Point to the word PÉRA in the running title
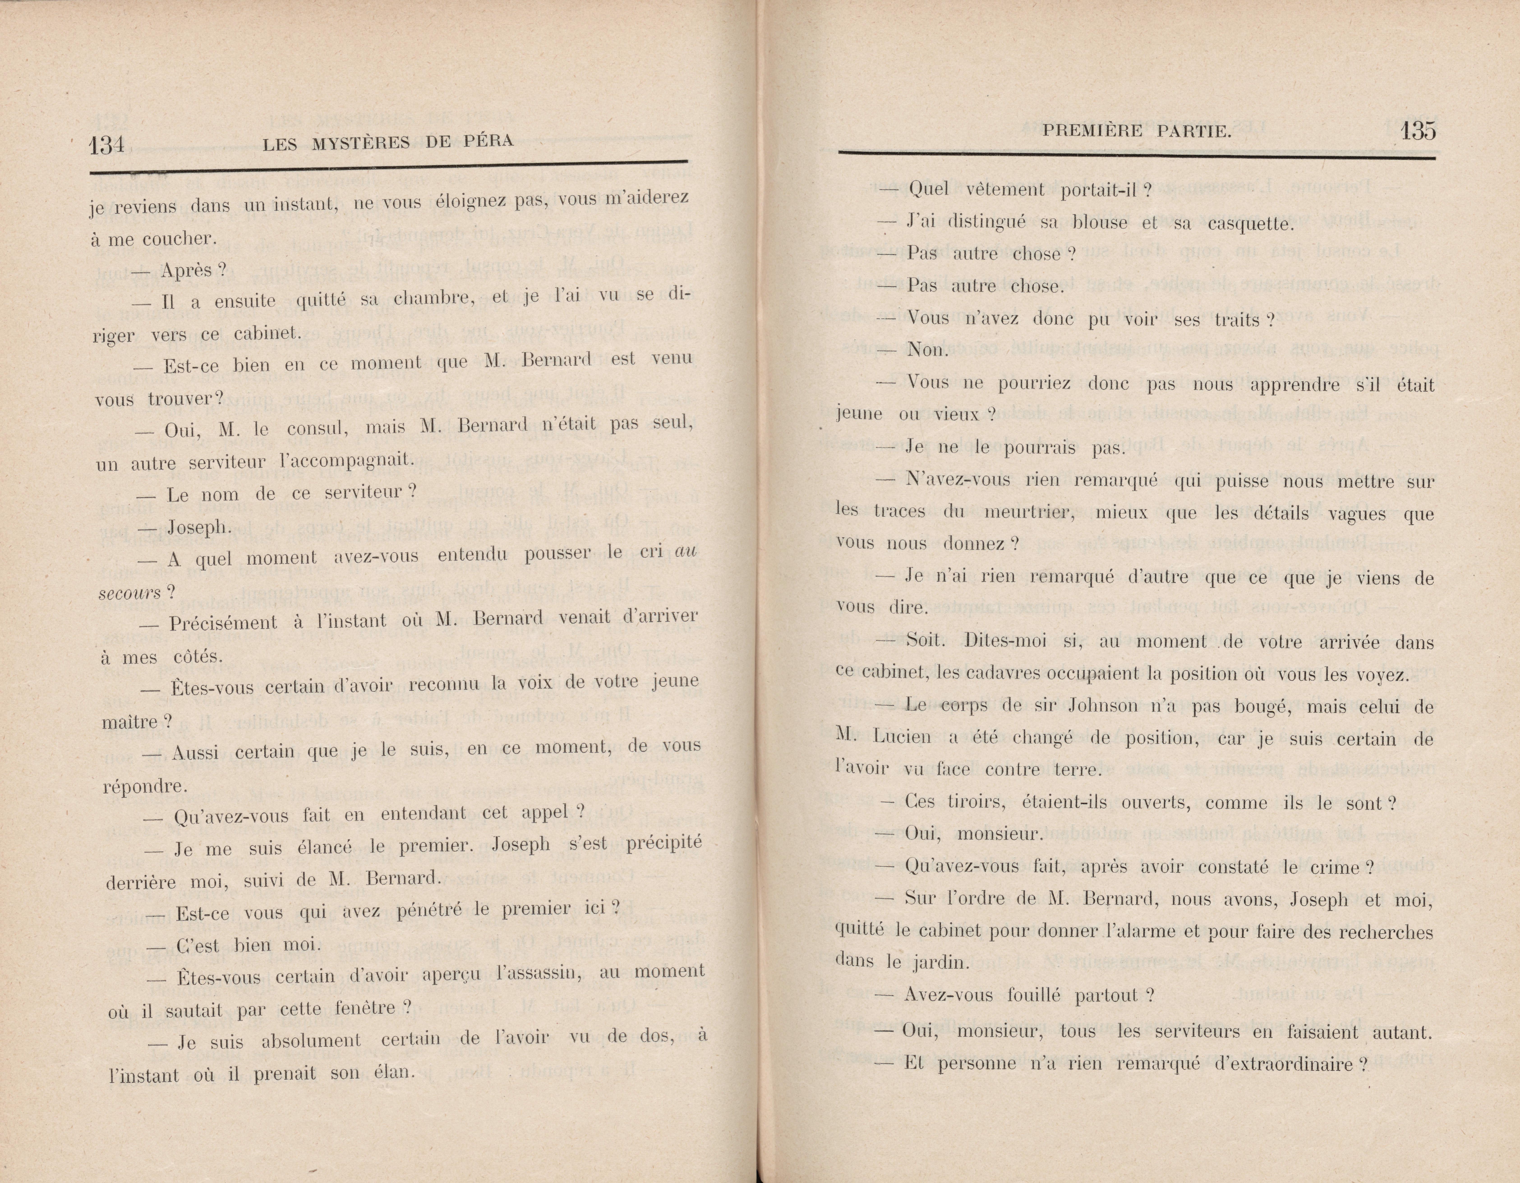(x=488, y=141)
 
